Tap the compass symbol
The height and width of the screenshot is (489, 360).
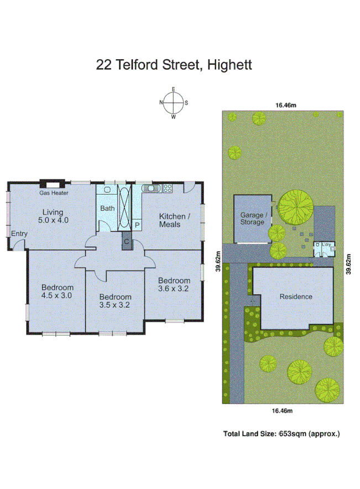[x=174, y=102]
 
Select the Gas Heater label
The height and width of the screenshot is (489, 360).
[x=53, y=193]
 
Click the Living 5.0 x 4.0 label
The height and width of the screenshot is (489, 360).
[x=53, y=216]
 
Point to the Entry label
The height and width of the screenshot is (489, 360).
[x=19, y=234]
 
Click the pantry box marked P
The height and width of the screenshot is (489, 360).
[x=137, y=226]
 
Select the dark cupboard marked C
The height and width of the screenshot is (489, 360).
[x=127, y=241]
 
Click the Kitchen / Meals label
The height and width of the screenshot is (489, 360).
[x=175, y=220]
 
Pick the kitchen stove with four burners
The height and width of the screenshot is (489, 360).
[x=166, y=189]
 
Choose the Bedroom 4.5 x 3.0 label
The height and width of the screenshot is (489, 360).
[x=58, y=291]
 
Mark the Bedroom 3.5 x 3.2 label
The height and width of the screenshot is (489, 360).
[x=116, y=300]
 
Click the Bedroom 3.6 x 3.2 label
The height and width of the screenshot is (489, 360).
[x=174, y=284]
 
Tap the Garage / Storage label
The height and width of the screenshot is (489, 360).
[x=253, y=219]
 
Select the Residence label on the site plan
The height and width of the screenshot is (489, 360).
[x=295, y=296]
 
